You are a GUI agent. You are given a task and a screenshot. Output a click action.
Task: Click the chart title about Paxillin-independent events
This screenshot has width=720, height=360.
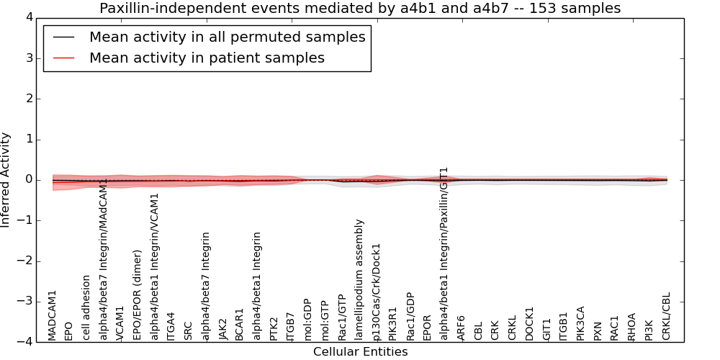tap(359, 8)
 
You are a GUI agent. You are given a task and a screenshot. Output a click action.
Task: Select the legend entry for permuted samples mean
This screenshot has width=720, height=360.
tap(227, 37)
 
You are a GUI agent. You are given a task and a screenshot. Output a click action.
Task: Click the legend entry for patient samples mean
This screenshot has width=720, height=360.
tap(207, 58)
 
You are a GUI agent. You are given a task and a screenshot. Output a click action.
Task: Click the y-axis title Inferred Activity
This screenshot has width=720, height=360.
tap(6, 179)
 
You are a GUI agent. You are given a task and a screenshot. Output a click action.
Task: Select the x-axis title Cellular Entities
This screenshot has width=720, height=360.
tap(360, 352)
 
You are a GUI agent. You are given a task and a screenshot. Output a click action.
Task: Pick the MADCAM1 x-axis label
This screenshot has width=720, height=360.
tap(52, 315)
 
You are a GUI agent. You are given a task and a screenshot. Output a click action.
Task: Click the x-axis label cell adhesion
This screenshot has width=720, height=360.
tap(86, 307)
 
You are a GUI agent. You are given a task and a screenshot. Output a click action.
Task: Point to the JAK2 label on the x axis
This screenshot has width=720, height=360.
tap(223, 328)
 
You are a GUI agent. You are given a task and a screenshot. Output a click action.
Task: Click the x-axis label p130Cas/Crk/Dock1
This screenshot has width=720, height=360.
tap(377, 291)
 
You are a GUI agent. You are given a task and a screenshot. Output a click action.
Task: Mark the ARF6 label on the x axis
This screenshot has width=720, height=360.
tap(462, 328)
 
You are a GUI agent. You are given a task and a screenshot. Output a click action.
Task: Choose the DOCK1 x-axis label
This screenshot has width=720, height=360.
tap(530, 323)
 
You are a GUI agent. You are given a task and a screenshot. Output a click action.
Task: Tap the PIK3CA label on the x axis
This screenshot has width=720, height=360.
tap(581, 323)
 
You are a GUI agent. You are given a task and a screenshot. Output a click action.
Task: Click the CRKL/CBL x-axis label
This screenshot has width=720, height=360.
tap(666, 316)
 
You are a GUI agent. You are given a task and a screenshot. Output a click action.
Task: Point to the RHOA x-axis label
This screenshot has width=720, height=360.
tap(631, 326)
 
